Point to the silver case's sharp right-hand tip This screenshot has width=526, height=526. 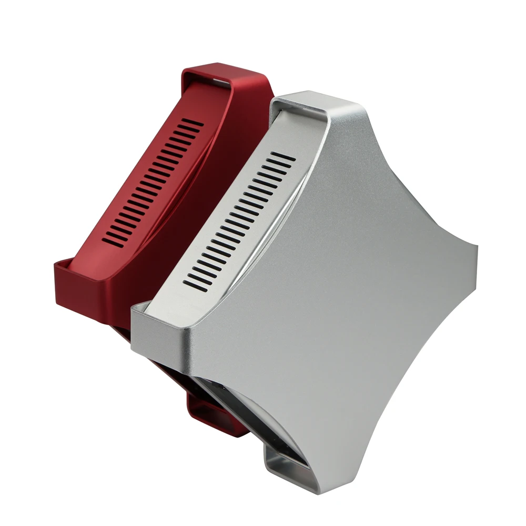click(476, 246)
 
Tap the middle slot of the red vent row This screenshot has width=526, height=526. click(153, 181)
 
